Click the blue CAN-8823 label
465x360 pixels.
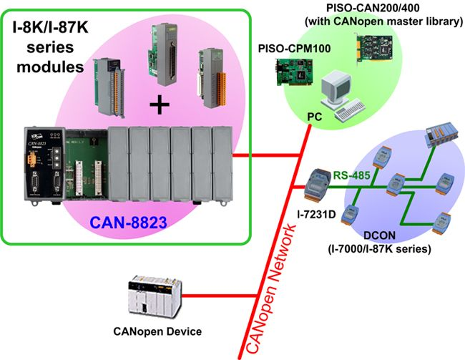pyautogui.click(x=128, y=223)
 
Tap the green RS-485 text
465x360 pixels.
pyautogui.click(x=352, y=175)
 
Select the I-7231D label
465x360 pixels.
pyautogui.click(x=316, y=214)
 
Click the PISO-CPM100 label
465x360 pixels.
pyautogui.click(x=294, y=49)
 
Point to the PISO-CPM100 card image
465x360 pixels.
pyautogui.click(x=294, y=72)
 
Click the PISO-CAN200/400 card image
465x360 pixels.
pyautogui.click(x=375, y=49)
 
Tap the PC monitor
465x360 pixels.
pyautogui.click(x=336, y=88)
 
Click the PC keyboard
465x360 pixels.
pyautogui.click(x=350, y=110)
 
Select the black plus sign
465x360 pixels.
pyautogui.click(x=160, y=104)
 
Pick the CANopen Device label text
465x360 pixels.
pyautogui.click(x=157, y=331)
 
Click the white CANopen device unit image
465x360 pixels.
pyautogui.click(x=155, y=297)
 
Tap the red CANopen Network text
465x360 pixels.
pyautogui.click(x=270, y=288)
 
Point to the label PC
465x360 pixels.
pyautogui.click(x=314, y=117)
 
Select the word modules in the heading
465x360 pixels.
pyautogui.click(x=50, y=67)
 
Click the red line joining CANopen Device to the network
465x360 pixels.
pyautogui.click(x=220, y=296)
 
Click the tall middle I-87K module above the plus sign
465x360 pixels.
pyautogui.click(x=162, y=54)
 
